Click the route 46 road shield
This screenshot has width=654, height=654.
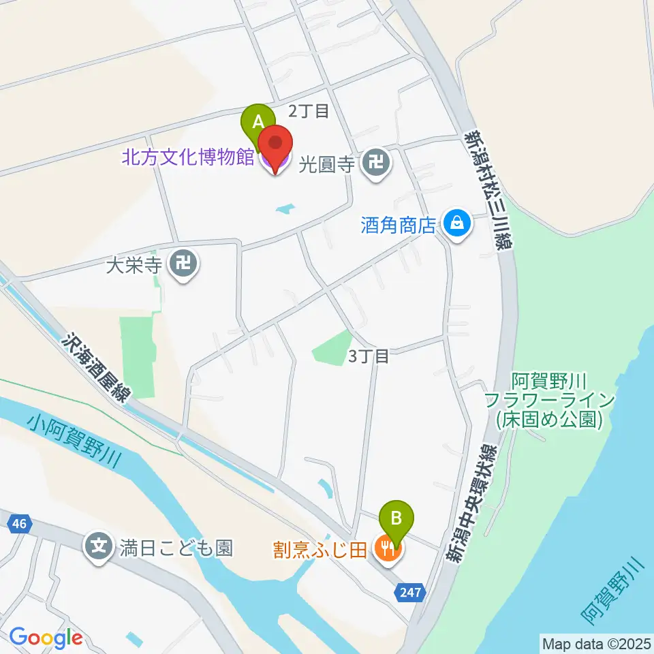point(19,524)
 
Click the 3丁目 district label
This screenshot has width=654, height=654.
point(369,356)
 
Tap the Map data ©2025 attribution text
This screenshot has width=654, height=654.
point(595,642)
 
